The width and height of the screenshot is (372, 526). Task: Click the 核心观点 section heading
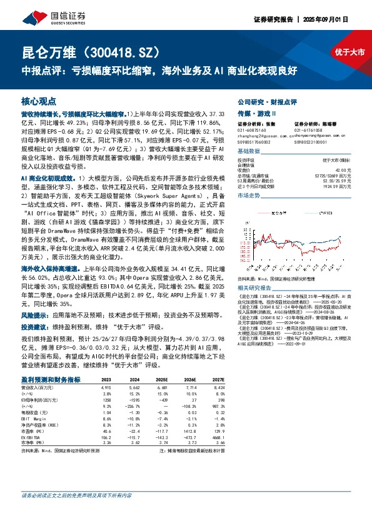(39, 101)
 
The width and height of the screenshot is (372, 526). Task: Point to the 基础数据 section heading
(249, 152)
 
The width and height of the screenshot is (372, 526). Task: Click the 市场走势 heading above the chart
(249, 196)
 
